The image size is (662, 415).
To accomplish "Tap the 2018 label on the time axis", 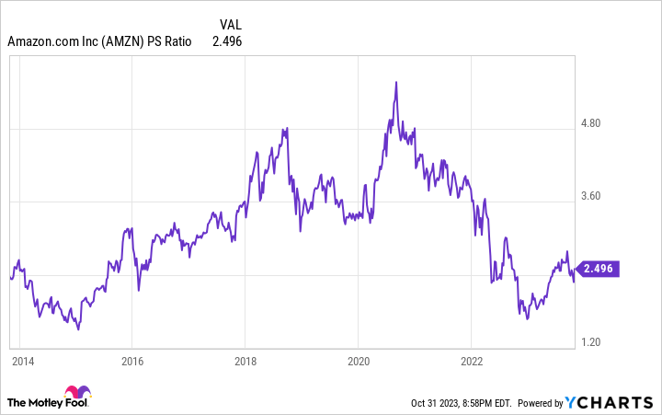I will coord(245,360).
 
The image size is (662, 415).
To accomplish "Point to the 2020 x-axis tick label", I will coord(358,360).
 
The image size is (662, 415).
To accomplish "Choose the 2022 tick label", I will coord(471,360).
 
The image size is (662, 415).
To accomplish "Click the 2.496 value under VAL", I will coord(227,41).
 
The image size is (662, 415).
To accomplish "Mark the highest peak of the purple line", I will coord(395,82).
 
